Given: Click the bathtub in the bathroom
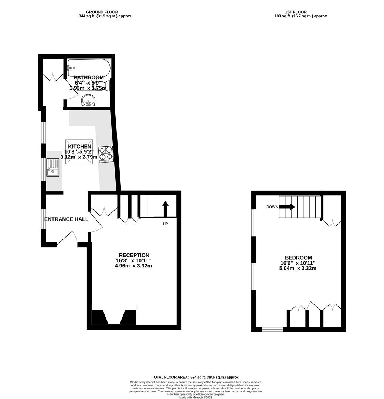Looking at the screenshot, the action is (89, 68).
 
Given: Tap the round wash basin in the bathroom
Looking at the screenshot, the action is (88, 100).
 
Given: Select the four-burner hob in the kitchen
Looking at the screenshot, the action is (106, 154).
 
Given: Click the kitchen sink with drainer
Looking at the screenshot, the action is (53, 168).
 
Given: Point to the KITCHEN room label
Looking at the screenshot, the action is (79, 146).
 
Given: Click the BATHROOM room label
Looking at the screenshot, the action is (89, 77).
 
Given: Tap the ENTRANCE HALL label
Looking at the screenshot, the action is (66, 219).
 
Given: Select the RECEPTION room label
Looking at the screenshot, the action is (134, 255).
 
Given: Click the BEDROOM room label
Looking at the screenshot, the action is (298, 258).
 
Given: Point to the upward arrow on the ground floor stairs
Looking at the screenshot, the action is (165, 209).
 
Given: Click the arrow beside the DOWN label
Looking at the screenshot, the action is (287, 207).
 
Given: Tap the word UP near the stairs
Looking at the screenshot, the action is (166, 224).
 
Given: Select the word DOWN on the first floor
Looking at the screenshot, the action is (272, 207).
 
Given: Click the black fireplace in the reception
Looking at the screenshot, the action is (114, 317).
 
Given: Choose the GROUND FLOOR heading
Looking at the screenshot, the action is (102, 12).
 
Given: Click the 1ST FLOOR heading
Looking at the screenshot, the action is (296, 12).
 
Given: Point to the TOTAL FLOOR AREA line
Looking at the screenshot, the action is (196, 377).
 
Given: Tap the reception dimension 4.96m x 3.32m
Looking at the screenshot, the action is (133, 266).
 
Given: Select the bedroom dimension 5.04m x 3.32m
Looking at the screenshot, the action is (298, 268).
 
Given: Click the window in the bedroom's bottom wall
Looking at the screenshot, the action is (272, 330).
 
